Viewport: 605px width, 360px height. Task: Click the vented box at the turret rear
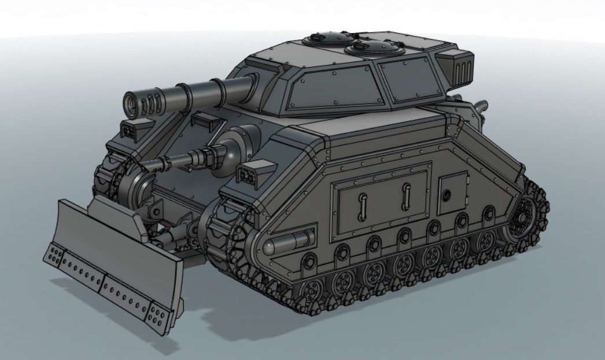(x=459, y=67)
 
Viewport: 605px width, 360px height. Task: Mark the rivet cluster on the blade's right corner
(x=158, y=317)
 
